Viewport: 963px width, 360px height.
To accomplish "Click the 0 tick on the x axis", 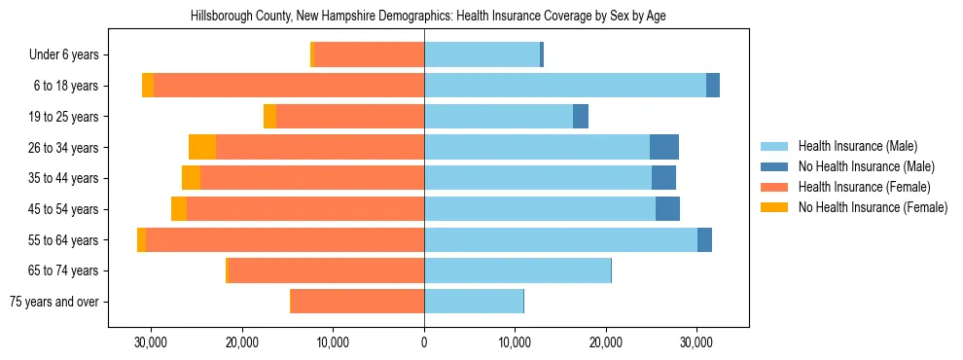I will click(424, 342).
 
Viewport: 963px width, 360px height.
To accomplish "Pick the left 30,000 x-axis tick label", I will click(151, 342).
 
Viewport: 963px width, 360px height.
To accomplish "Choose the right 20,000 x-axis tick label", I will click(606, 342).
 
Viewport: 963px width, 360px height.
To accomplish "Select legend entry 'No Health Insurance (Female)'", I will click(873, 207).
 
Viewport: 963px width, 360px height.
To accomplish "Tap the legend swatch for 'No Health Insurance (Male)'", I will click(774, 167).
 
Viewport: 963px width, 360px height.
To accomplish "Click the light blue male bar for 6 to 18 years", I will click(565, 86).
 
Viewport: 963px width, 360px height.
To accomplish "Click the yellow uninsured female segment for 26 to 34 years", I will click(202, 147).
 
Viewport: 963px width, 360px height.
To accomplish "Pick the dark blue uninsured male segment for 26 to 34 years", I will click(664, 147).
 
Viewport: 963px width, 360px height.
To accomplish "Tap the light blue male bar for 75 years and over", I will click(474, 302).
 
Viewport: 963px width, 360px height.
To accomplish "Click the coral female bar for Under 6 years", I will click(370, 54).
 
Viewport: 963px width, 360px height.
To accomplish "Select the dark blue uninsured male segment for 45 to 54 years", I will click(667, 209).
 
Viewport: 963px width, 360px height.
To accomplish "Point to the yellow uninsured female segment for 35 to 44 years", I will click(191, 178).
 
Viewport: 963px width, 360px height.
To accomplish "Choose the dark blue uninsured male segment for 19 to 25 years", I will click(581, 117).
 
